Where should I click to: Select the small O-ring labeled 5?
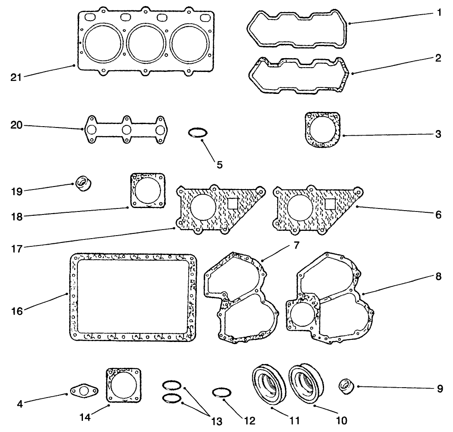(199, 133)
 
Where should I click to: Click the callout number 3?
(438, 134)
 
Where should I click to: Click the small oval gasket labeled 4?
(84, 391)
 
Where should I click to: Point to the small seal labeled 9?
(346, 386)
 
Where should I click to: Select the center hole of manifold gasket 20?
(126, 130)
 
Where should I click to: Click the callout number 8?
(438, 277)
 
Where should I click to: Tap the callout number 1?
(438, 13)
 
